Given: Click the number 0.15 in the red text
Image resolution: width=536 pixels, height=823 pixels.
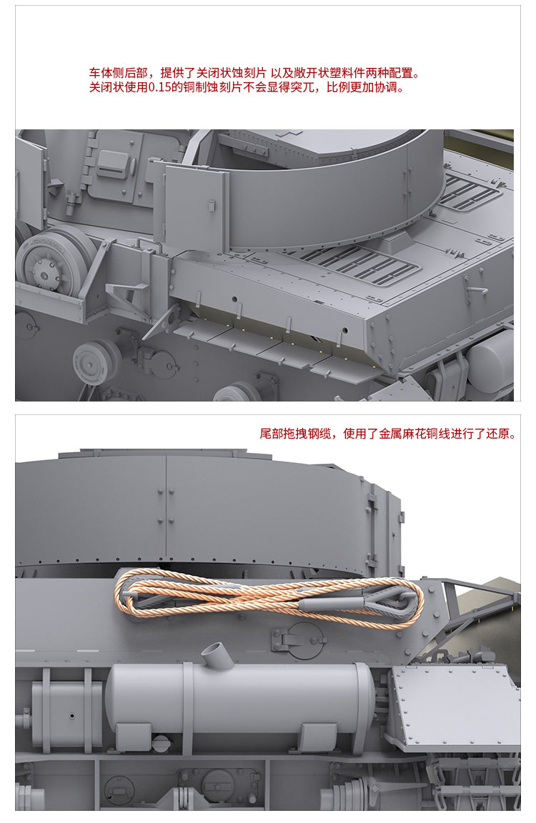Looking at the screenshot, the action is click(x=159, y=87).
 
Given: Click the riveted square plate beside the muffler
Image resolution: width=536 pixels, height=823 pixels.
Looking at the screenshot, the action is click(x=455, y=705).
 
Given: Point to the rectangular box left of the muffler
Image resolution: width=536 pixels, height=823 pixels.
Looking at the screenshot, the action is click(x=66, y=714).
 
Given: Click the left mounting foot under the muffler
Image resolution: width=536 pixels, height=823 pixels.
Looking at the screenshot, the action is click(x=134, y=737).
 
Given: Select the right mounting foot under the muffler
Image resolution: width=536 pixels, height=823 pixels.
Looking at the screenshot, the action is click(x=319, y=737).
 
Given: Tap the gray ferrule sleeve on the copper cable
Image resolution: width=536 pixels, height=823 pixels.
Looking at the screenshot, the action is click(x=328, y=604).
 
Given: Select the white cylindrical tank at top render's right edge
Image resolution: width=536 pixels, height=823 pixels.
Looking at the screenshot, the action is click(x=492, y=362).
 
